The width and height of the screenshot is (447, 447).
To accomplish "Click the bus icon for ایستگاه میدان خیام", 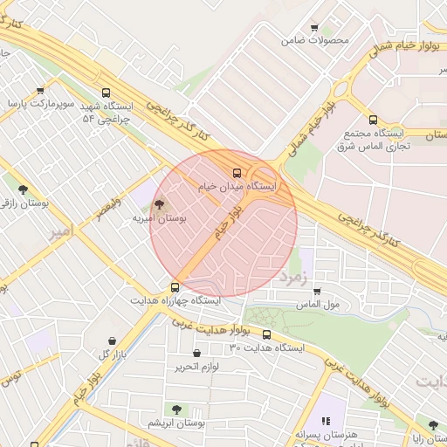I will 237,172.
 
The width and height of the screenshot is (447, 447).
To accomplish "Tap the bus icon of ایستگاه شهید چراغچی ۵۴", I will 106,93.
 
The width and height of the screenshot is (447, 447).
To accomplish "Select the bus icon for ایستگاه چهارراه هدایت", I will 175,286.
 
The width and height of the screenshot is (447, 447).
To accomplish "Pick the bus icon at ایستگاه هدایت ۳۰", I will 266,334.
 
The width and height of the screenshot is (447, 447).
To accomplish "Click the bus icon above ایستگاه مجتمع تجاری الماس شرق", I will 374,120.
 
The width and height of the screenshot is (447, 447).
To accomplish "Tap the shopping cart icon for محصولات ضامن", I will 314,27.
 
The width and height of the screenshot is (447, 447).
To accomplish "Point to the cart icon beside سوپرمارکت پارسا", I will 40,90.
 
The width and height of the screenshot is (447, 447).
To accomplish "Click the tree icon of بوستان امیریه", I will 158,204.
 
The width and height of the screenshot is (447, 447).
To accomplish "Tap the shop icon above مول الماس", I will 316,292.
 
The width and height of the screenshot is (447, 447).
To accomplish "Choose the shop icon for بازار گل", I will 112,340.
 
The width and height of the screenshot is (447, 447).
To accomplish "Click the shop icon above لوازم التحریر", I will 196,353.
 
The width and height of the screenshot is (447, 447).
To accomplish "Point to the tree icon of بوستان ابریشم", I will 176,409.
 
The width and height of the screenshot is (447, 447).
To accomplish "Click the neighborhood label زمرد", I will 295,278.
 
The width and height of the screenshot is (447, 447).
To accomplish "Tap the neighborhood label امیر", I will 60,232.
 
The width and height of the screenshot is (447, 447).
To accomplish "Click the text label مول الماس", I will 317,305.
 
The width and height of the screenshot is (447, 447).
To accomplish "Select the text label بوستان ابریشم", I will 176,423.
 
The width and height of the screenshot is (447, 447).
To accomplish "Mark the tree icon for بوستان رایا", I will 432,425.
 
